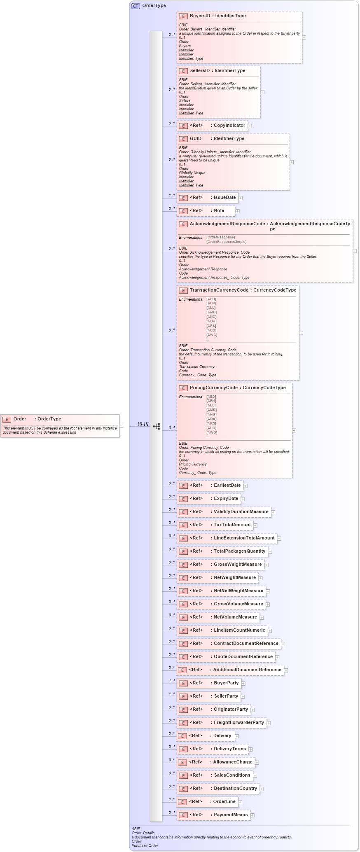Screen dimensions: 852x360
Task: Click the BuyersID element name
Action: point(200,16)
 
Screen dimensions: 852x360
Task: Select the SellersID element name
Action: point(200,71)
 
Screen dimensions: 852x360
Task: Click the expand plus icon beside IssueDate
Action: point(241,198)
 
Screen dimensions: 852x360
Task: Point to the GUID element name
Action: point(196,139)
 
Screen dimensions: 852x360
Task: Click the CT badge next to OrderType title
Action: point(136,6)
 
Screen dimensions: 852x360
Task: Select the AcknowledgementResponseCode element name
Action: point(227,224)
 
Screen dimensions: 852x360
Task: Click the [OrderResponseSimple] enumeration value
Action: point(226,242)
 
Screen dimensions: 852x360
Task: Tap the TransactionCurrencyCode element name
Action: point(219,290)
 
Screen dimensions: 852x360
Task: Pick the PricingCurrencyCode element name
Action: point(213,388)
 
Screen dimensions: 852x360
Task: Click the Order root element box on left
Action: point(60,425)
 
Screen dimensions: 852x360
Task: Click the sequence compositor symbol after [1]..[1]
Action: point(157,426)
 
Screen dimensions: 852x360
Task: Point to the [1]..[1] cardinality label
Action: point(143,424)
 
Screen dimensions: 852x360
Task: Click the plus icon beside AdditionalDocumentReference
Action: point(286,670)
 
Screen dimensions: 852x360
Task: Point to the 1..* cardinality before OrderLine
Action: point(171,800)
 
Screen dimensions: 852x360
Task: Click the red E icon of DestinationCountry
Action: point(183,789)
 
